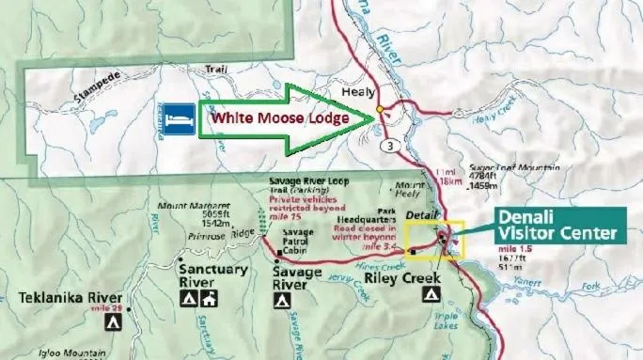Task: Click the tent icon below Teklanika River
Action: (112, 321)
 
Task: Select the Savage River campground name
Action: (297, 278)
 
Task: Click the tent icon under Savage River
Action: (281, 301)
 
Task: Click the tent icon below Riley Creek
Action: (430, 294)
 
